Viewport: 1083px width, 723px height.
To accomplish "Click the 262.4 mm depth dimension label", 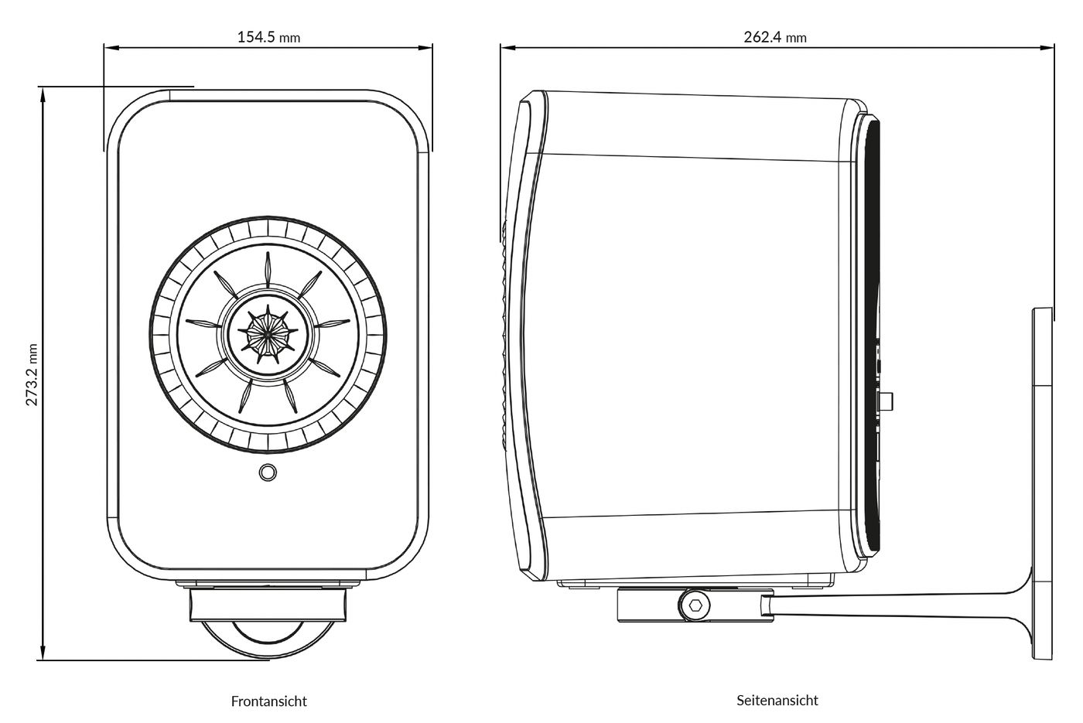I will point(774,36).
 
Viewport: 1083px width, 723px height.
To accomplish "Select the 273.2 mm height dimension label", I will point(32,375).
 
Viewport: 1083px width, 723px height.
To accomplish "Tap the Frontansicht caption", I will point(268,701).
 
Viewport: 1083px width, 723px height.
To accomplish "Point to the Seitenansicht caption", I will point(777,701).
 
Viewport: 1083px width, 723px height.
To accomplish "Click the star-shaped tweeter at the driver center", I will point(268,332).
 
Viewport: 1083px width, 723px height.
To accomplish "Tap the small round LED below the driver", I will point(268,472).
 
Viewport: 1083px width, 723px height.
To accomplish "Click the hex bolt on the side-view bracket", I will point(695,605).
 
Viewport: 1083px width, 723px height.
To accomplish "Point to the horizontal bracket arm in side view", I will point(890,601).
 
